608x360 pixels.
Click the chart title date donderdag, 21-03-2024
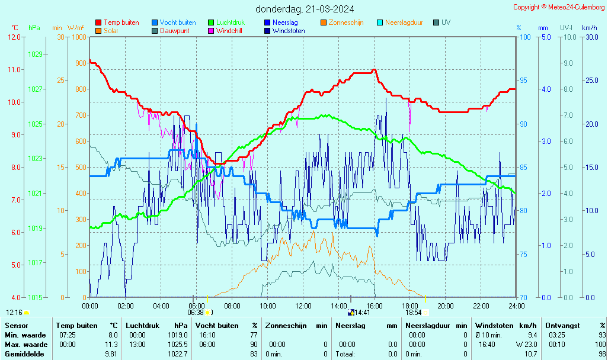pyautogui.click(x=305, y=9)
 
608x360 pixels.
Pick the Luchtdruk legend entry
pyautogui.click(x=230, y=22)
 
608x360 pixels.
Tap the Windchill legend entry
pyautogui.click(x=228, y=31)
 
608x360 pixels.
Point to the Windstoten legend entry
pyautogui.click(x=289, y=31)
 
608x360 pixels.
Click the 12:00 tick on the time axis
pyautogui.click(x=303, y=306)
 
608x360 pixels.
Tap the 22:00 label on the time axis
pyautogui.click(x=481, y=306)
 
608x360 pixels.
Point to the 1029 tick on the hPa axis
pyautogui.click(x=35, y=54)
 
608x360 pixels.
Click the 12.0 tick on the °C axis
pyautogui.click(x=14, y=37)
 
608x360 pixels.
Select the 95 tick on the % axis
pyautogui.click(x=524, y=81)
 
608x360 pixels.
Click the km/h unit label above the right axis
pyautogui.click(x=590, y=28)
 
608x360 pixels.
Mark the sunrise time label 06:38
pyautogui.click(x=196, y=313)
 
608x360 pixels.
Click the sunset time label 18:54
pyautogui.click(x=413, y=313)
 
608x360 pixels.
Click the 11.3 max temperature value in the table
pyautogui.click(x=111, y=345)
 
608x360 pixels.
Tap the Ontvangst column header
pyautogui.click(x=562, y=326)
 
